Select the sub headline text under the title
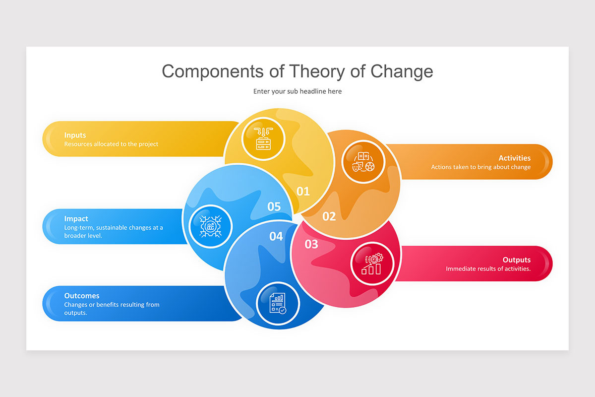[x=297, y=91]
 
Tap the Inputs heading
[x=75, y=135]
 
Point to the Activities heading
[x=514, y=158]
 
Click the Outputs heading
[x=516, y=260]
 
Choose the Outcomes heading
[x=81, y=296]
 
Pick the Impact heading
[x=76, y=218]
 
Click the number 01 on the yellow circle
[x=303, y=191]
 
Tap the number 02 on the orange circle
[x=329, y=216]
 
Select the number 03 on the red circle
[x=311, y=244]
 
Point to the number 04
[x=276, y=237]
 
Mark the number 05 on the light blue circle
[x=274, y=206]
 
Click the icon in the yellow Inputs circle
[x=263, y=138]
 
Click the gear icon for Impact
[x=211, y=226]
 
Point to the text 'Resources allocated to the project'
[x=111, y=144]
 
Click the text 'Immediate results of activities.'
[x=488, y=269]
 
